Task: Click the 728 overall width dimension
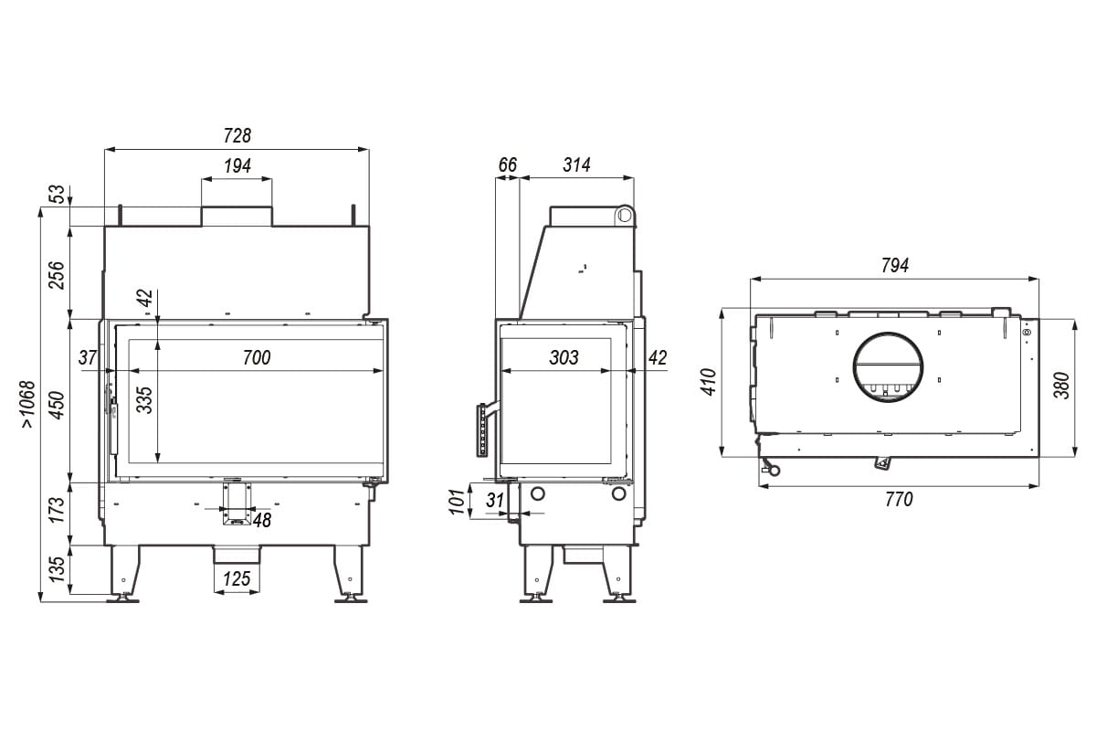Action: (x=237, y=135)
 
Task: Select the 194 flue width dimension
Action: (x=237, y=166)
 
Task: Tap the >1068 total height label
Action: (x=28, y=405)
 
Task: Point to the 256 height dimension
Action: (x=57, y=275)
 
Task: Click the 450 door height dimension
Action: (x=58, y=405)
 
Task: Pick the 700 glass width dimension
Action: (x=257, y=357)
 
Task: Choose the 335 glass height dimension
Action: (x=145, y=400)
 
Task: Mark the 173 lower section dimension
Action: (x=57, y=509)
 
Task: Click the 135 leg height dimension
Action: (x=57, y=569)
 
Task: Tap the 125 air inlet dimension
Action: (x=237, y=579)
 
